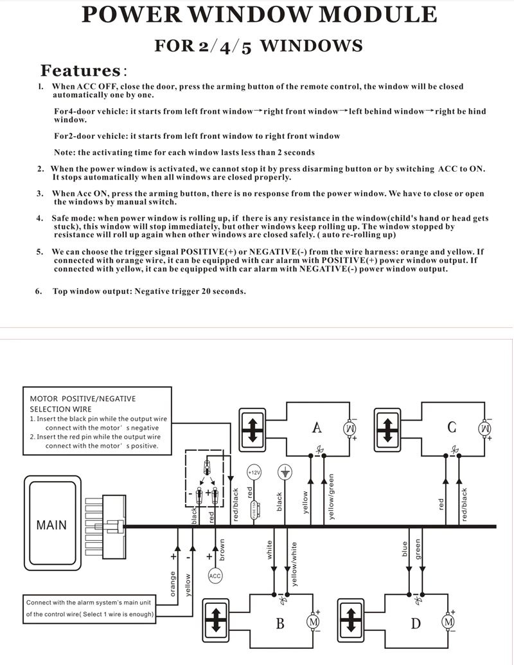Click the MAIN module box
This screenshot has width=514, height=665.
click(x=51, y=525)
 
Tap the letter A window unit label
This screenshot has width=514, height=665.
click(x=317, y=428)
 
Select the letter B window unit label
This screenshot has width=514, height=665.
click(x=280, y=623)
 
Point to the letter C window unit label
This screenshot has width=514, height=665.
click(x=452, y=428)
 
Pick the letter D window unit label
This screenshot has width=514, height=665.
click(x=416, y=623)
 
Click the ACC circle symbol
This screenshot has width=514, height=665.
click(x=215, y=576)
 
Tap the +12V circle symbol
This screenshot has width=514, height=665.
click(x=254, y=472)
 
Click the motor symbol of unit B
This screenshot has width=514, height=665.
click(x=313, y=622)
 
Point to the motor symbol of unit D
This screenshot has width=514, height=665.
click(x=448, y=622)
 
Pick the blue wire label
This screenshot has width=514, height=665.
click(x=405, y=549)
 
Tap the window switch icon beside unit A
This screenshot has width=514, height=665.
click(x=253, y=428)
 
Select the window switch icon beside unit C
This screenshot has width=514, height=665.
click(x=388, y=428)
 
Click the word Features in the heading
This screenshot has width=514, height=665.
click(x=80, y=70)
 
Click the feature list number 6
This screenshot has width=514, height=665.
click(x=39, y=291)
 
